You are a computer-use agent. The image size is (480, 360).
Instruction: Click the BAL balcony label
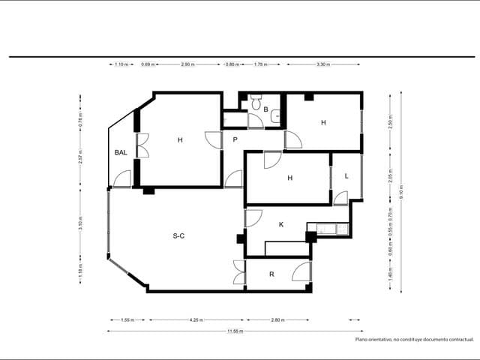pos(121,152)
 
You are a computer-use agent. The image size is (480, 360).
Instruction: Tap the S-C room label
pos(179,236)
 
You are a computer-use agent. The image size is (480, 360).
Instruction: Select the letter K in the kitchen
pos(281,224)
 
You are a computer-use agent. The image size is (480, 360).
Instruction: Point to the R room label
pos(271,274)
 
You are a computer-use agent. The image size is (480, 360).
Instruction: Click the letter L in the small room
pos(346,175)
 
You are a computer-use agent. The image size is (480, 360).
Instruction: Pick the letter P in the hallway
pos(235,139)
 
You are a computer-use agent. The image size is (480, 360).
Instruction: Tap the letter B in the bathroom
pos(265,109)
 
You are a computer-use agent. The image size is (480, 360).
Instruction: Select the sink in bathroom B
pos(276,115)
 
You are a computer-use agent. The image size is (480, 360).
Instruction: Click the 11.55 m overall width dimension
pos(236,331)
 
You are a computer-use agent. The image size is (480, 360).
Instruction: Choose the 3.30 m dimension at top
pos(323,64)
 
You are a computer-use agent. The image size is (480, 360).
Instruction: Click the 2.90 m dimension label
pos(187,64)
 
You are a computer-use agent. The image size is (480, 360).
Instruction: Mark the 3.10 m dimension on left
pos(80,223)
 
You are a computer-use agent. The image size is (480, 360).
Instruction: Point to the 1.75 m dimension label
pos(261,64)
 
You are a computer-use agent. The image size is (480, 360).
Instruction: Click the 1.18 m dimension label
pos(80,270)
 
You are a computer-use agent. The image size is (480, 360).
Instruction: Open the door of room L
pos(340,198)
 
